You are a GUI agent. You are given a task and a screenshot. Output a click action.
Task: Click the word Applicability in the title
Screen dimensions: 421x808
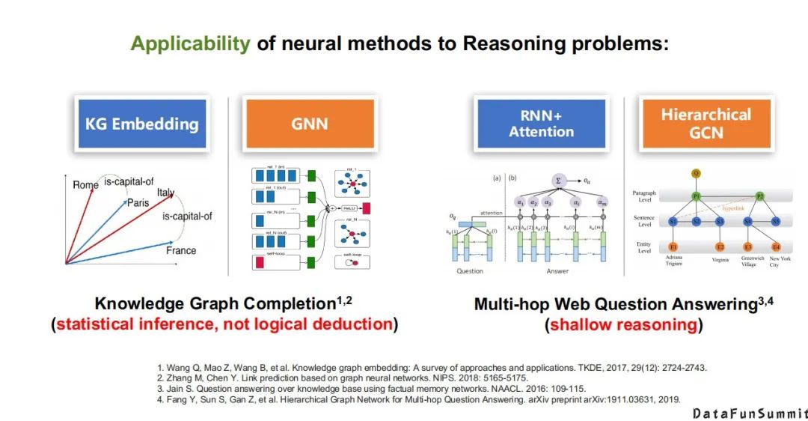(190, 43)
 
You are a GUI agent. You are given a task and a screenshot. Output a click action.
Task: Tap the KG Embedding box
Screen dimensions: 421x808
(141, 123)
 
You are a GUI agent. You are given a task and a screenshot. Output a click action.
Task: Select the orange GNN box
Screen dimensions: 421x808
(309, 123)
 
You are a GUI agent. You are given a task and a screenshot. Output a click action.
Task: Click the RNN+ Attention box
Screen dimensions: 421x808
(541, 123)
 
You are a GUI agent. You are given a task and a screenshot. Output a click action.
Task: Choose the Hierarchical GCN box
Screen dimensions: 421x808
(706, 124)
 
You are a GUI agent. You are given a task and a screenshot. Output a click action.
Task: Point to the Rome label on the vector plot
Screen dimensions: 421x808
(85, 185)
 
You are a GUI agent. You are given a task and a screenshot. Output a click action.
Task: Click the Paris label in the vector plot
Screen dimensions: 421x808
(138, 203)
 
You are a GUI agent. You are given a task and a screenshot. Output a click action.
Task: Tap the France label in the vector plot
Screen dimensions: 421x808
(181, 250)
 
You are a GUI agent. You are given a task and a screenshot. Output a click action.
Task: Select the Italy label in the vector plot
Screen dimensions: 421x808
(165, 193)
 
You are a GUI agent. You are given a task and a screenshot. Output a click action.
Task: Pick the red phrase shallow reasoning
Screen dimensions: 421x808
(624, 324)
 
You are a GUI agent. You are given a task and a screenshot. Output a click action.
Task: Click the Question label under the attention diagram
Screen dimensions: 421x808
(469, 270)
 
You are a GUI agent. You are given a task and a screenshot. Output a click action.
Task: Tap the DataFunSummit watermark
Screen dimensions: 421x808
(749, 413)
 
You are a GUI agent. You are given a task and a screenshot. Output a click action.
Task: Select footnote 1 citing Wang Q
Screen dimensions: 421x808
(432, 367)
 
